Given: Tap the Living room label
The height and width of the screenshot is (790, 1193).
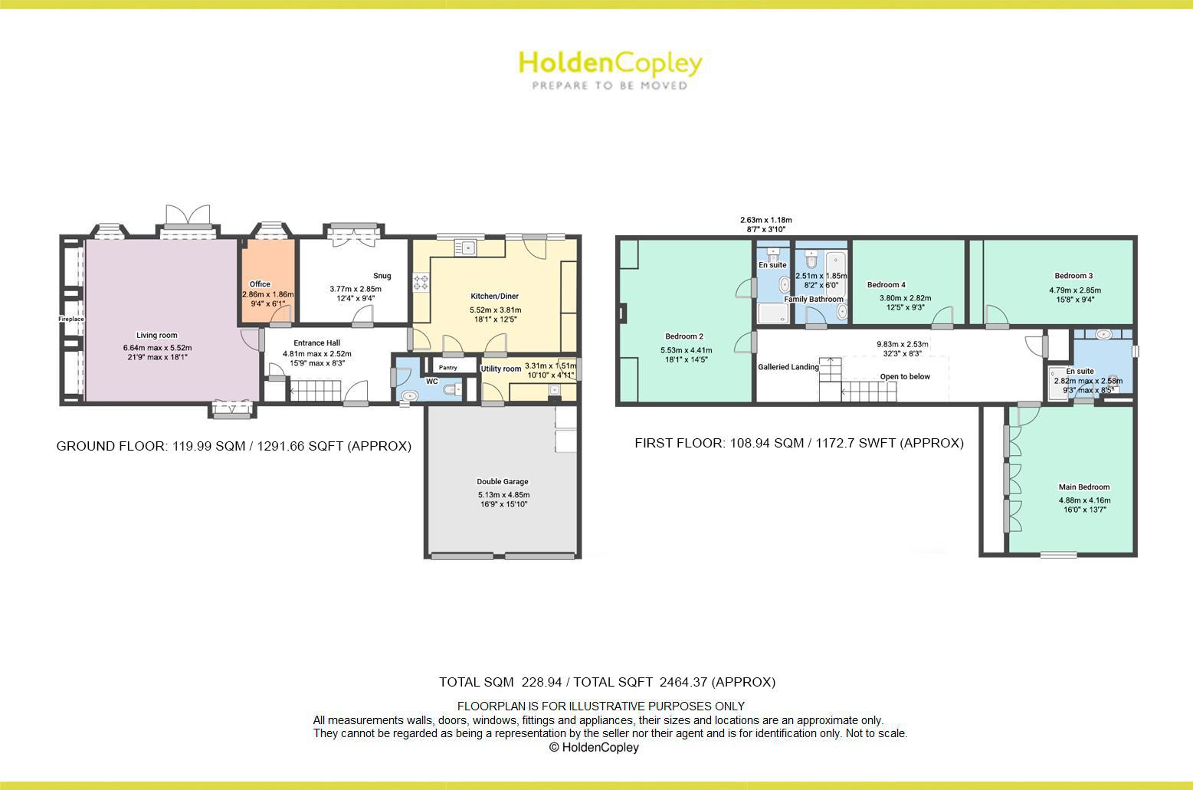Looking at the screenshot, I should pyautogui.click(x=157, y=335).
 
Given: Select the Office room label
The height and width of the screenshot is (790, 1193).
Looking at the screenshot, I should pyautogui.click(x=260, y=284).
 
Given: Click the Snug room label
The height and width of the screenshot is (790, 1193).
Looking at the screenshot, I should pyautogui.click(x=382, y=276).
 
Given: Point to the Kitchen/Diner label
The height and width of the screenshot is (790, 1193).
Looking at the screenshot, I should pyautogui.click(x=494, y=296).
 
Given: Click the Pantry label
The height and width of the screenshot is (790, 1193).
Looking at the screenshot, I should pyautogui.click(x=448, y=368).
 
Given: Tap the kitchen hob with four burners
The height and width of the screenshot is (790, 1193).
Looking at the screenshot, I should pyautogui.click(x=421, y=282).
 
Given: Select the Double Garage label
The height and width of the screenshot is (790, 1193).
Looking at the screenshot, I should pyautogui.click(x=503, y=482).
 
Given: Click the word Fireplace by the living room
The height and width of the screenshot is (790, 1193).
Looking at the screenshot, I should pyautogui.click(x=71, y=319).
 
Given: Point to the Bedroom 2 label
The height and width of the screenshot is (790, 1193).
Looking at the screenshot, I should pyautogui.click(x=684, y=336).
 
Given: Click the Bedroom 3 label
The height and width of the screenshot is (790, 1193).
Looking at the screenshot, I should pyautogui.click(x=1073, y=276).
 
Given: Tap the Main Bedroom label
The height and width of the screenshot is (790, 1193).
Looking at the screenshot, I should pyautogui.click(x=1084, y=487).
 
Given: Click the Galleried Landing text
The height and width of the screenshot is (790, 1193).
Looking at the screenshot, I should pyautogui.click(x=788, y=367).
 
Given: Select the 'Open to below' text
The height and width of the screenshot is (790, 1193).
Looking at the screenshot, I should pyautogui.click(x=905, y=376).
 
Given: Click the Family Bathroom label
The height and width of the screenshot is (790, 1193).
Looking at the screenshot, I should pyautogui.click(x=814, y=299).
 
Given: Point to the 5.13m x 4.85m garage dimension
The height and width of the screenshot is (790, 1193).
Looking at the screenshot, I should pyautogui.click(x=503, y=495).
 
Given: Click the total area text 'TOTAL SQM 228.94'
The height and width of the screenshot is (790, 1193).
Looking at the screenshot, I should pyautogui.click(x=493, y=682).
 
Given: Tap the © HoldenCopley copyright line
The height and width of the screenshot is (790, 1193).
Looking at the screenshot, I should pyautogui.click(x=594, y=747).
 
